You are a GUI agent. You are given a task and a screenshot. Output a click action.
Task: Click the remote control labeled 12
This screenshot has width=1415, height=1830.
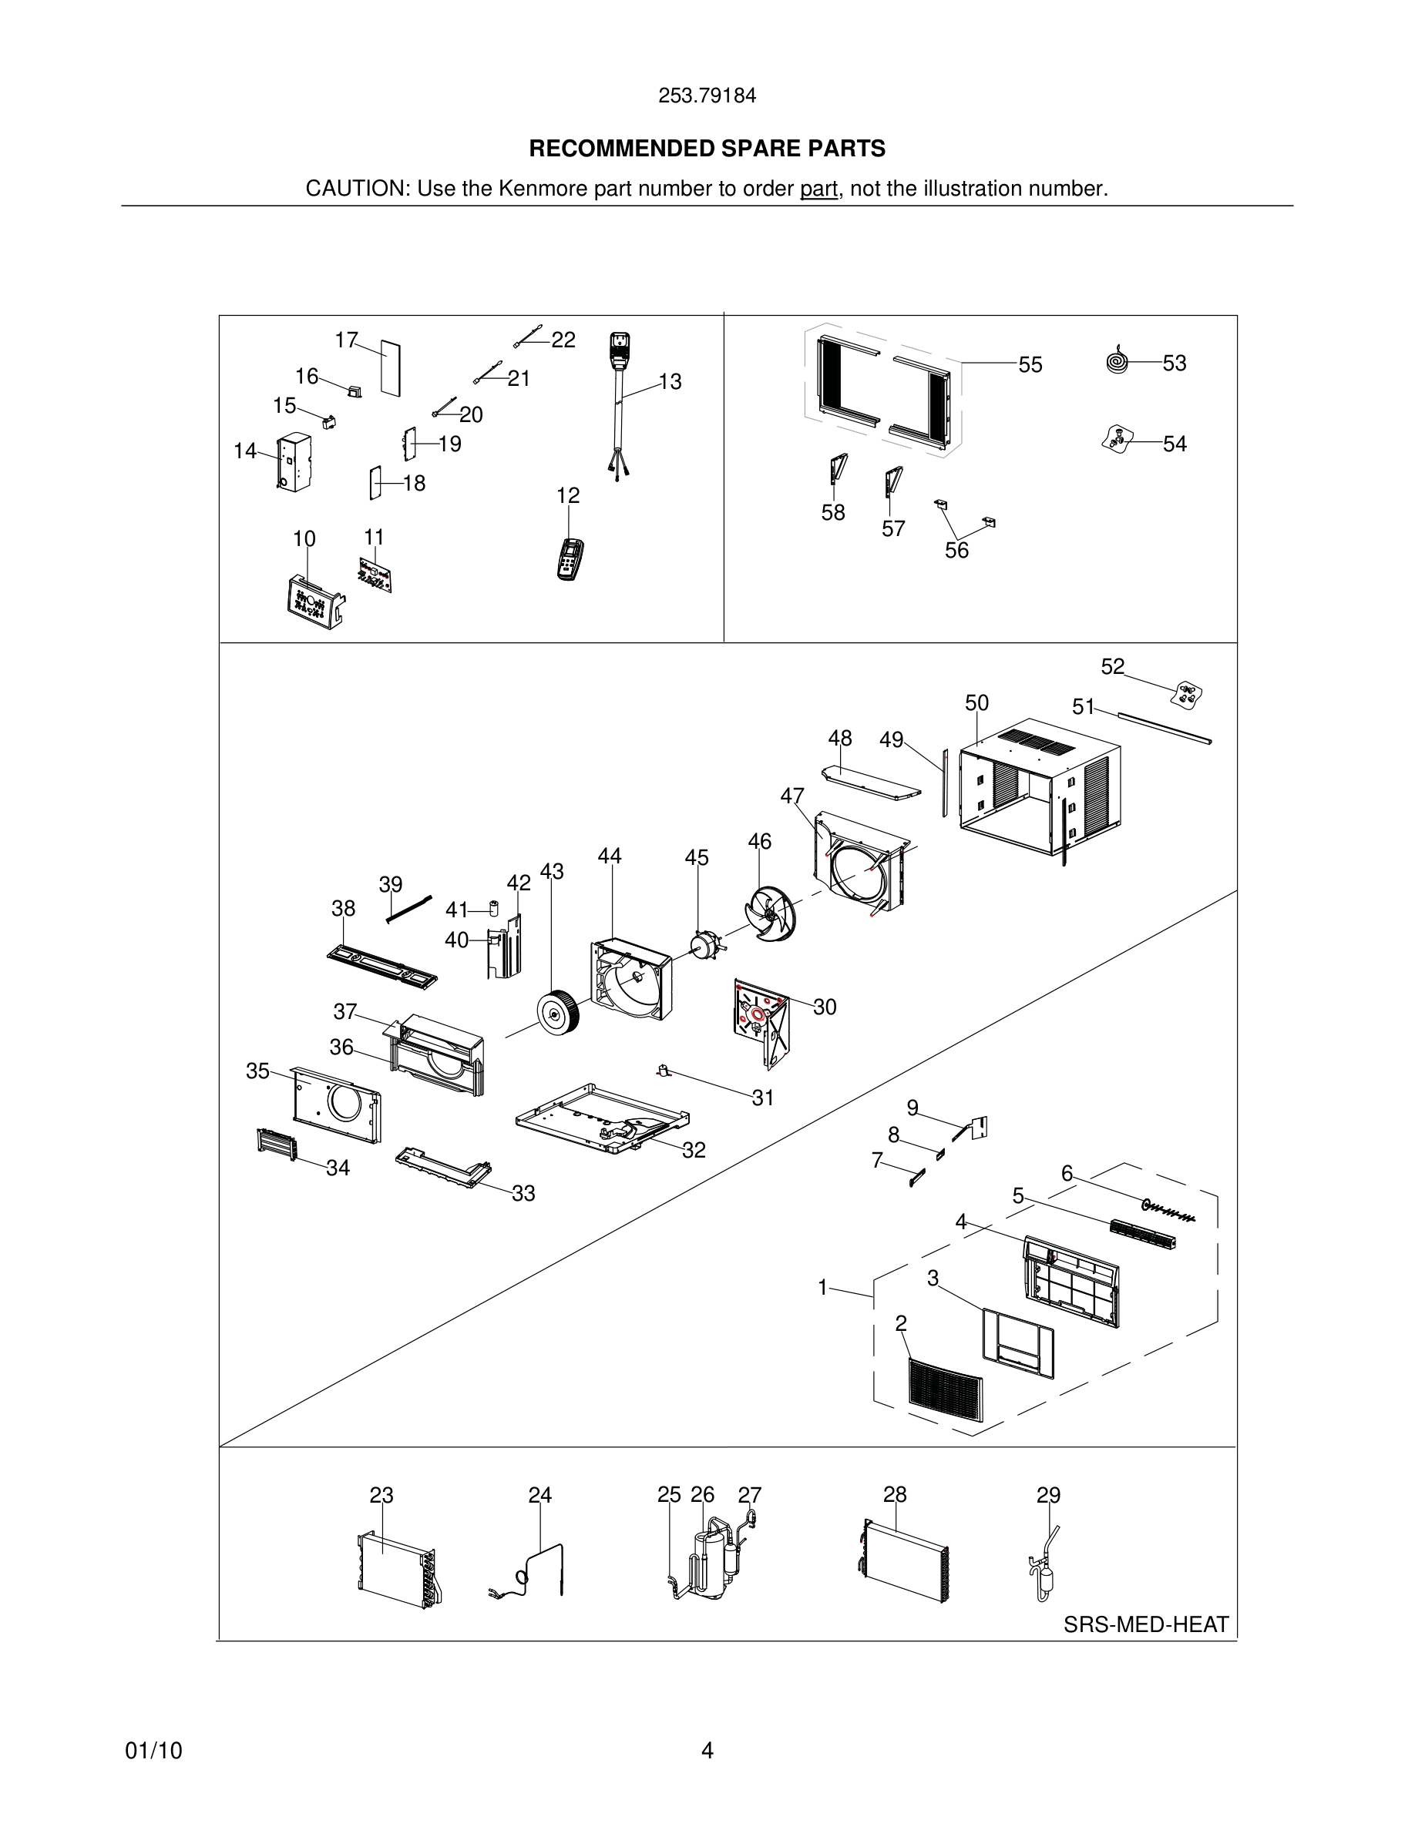pyautogui.click(x=570, y=560)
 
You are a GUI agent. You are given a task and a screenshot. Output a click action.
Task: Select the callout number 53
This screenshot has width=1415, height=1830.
pyautogui.click(x=1174, y=364)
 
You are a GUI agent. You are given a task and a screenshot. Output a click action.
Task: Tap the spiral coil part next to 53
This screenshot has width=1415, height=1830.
pyautogui.click(x=1118, y=361)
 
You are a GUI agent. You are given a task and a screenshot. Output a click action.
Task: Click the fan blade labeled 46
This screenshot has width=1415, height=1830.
pyautogui.click(x=769, y=914)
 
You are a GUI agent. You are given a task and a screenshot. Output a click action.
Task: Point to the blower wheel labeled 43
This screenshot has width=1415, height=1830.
pyautogui.click(x=555, y=1012)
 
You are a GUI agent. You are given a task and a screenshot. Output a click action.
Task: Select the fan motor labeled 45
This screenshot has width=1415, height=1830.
pyautogui.click(x=701, y=945)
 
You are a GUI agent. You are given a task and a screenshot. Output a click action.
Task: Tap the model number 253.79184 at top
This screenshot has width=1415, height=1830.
pyautogui.click(x=707, y=96)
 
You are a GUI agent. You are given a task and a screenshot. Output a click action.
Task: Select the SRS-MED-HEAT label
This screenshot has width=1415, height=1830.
pyautogui.click(x=1145, y=1624)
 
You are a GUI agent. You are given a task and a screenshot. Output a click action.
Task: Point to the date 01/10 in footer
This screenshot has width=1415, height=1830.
pyautogui.click(x=153, y=1751)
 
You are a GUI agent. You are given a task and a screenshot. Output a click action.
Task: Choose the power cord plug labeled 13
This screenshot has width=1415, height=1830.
pyautogui.click(x=619, y=352)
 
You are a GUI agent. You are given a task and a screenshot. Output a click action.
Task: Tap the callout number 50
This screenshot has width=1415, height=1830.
pyautogui.click(x=976, y=703)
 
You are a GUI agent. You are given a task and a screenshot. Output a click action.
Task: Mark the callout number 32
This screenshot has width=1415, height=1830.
pyautogui.click(x=694, y=1151)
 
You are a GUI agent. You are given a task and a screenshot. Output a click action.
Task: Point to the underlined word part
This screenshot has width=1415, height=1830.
pyautogui.click(x=818, y=189)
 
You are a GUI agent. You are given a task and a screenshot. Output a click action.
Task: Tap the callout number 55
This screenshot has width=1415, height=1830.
pyautogui.click(x=1030, y=365)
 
